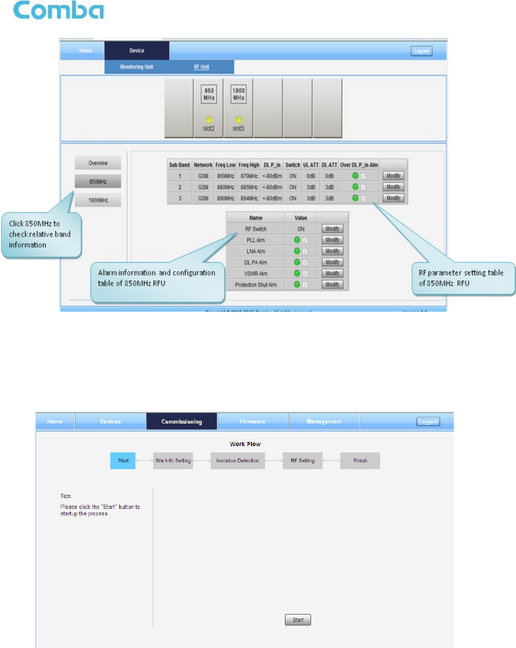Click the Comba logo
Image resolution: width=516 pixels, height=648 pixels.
[58, 10]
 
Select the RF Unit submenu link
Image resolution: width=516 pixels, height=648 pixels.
[201, 67]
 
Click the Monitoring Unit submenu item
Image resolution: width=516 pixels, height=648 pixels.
[136, 67]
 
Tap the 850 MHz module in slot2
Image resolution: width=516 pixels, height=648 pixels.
[209, 108]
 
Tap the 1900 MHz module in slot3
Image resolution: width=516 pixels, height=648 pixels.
[238, 108]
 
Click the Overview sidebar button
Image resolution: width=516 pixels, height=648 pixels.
[98, 163]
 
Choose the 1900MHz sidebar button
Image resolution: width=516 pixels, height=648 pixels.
[98, 200]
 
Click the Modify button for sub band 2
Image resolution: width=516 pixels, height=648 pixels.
[393, 187]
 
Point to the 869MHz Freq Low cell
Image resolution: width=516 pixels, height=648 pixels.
[225, 176]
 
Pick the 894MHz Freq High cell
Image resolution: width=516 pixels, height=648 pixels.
[249, 199]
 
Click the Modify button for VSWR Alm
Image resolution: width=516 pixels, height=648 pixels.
[332, 274]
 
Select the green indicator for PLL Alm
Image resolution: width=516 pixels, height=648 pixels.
[297, 240]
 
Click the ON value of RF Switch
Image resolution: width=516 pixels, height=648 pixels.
[301, 229]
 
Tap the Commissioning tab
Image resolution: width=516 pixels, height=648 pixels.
[181, 422]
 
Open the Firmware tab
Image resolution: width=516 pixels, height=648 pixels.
[253, 422]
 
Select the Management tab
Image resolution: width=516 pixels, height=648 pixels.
[324, 422]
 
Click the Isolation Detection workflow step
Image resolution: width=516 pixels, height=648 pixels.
[237, 461]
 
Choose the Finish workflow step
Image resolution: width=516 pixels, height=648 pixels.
[360, 461]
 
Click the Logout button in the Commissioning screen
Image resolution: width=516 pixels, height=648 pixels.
[428, 422]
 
